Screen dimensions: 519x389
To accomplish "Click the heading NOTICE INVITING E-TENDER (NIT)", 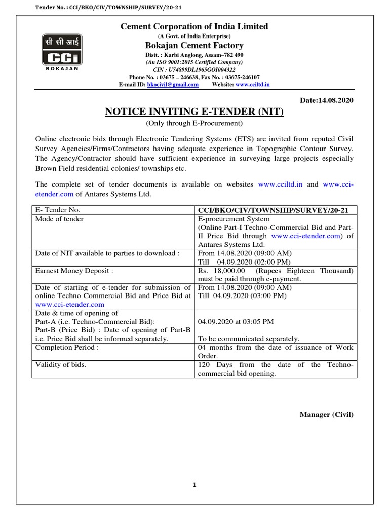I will pos(194,112).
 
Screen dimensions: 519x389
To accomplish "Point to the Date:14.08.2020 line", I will pos(327,100).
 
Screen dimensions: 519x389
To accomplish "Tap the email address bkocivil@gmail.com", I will pos(172,85).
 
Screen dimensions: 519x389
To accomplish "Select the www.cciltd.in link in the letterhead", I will pos(252,85).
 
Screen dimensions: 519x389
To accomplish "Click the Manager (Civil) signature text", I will pos(326,415).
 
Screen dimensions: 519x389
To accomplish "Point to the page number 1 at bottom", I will pos(194,485).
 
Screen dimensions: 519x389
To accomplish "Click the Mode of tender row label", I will pos(60,219).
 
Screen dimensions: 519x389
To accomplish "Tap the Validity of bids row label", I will pos(60,365).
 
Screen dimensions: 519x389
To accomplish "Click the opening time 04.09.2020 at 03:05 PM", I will pos(236,322).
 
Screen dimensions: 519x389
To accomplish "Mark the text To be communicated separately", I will pos(248,339).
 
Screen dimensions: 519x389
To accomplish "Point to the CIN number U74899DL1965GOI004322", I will pos(194,69).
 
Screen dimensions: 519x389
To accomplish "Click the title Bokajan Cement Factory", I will pos(194,46).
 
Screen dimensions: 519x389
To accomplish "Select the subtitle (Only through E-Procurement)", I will pos(194,124).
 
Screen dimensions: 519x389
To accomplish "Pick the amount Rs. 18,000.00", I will pos(220,271).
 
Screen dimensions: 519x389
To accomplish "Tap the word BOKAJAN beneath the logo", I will pos(61,69).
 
